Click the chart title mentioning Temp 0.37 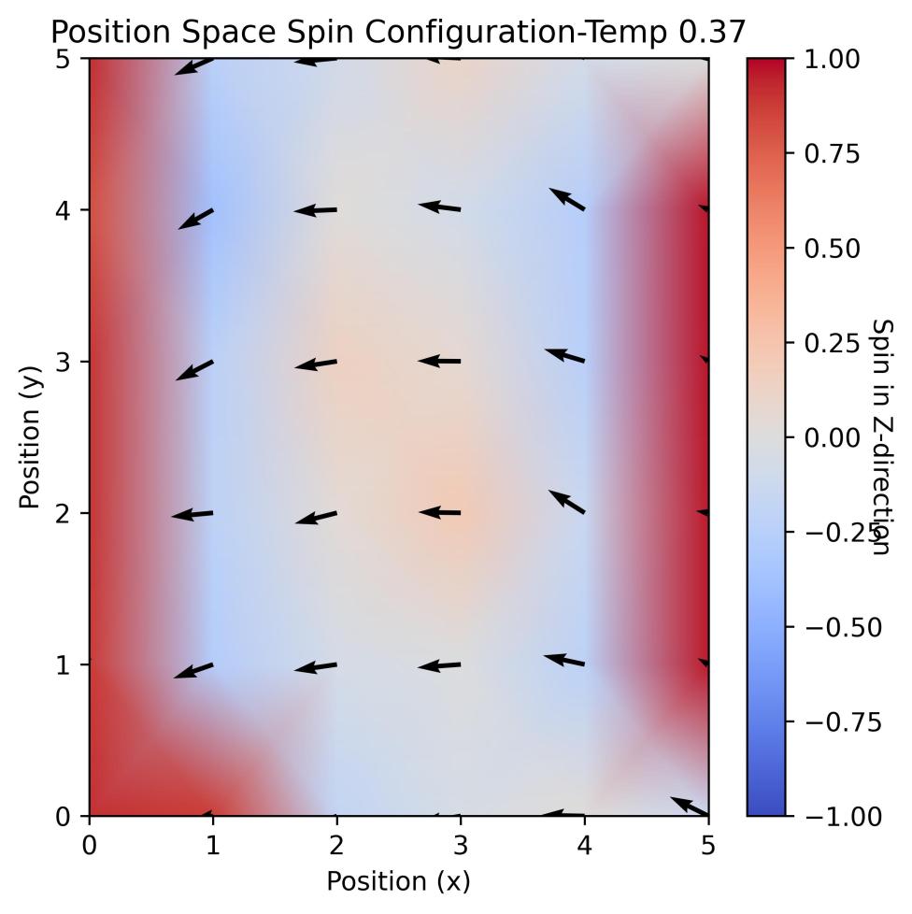398,32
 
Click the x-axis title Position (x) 398,880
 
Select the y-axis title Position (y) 30,437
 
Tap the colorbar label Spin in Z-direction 880,437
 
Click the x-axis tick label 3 461,844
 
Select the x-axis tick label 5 708,844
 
